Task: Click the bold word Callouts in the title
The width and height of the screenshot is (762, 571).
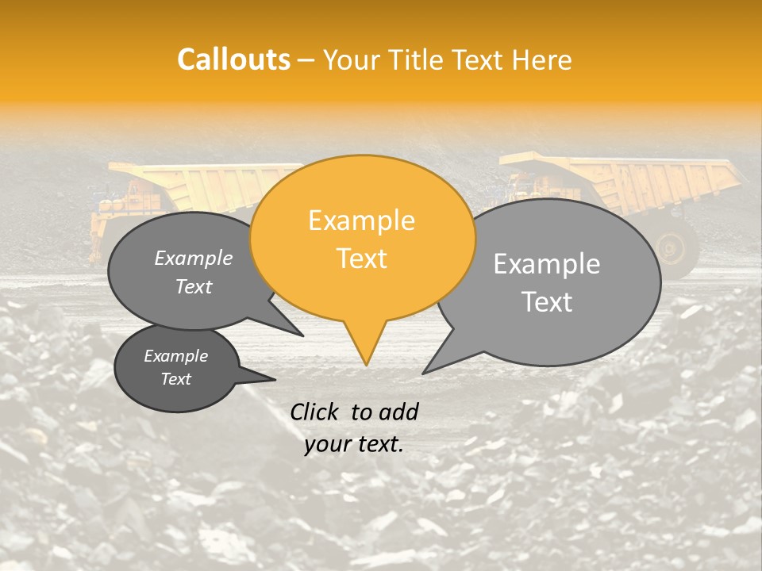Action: [x=233, y=59]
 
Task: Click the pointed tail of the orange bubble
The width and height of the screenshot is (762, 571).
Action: [x=366, y=349]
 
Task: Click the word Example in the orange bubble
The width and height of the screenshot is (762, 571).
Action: [x=361, y=220]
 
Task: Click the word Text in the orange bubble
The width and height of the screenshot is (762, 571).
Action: [x=361, y=259]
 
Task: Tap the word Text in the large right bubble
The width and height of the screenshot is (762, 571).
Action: [x=548, y=302]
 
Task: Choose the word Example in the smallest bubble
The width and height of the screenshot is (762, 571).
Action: [x=175, y=356]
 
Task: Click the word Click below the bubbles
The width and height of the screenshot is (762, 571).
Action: [x=314, y=412]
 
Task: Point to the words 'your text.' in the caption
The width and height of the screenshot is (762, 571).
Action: [x=353, y=445]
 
